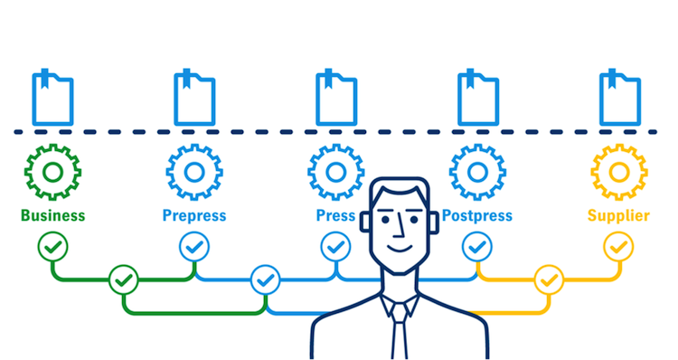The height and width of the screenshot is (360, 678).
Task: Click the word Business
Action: pyautogui.click(x=52, y=215)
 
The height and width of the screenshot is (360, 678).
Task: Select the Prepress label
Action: pyautogui.click(x=194, y=215)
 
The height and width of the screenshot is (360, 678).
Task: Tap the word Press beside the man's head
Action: pyautogui.click(x=335, y=215)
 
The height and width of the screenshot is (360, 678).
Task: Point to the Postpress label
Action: pyautogui.click(x=476, y=215)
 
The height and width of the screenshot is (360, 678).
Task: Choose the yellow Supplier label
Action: pyautogui.click(x=618, y=215)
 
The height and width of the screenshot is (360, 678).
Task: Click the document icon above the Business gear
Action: pyautogui.click(x=52, y=98)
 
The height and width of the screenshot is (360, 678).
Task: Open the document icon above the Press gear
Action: pyautogui.click(x=336, y=98)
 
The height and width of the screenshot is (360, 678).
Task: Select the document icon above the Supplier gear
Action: pyautogui.click(x=620, y=98)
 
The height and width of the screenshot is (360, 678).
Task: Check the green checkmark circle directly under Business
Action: pyautogui.click(x=52, y=245)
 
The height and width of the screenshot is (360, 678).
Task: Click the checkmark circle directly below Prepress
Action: pyautogui.click(x=194, y=245)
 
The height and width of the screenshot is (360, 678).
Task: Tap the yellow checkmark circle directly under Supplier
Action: pyautogui.click(x=619, y=245)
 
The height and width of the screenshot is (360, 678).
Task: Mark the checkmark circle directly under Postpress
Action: pyautogui.click(x=476, y=245)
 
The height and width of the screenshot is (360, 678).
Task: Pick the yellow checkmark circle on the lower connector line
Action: pyautogui.click(x=549, y=280)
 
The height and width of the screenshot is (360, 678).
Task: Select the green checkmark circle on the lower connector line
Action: pyautogui.click(x=124, y=280)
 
